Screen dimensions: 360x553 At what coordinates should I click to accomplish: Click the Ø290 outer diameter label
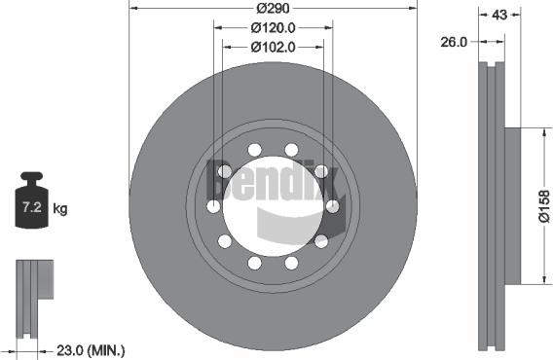click(273, 10)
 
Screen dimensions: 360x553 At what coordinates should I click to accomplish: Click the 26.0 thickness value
click(455, 42)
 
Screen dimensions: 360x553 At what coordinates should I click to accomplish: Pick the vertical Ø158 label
click(543, 206)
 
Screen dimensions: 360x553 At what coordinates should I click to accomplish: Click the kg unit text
click(60, 208)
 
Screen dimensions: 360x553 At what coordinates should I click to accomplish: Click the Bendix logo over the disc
click(274, 182)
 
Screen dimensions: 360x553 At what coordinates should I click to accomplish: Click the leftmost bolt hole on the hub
click(213, 206)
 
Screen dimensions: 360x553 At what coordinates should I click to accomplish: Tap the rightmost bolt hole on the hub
click(332, 206)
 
